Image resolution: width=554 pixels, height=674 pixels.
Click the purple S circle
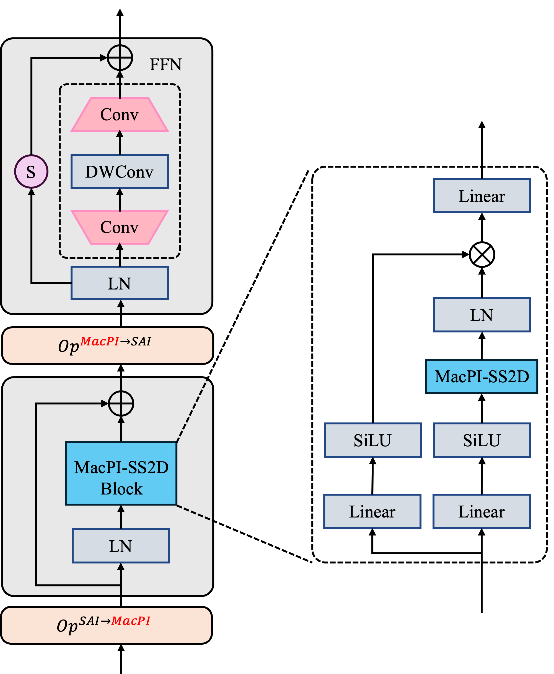(x=31, y=171)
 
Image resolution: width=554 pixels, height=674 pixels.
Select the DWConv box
(x=120, y=171)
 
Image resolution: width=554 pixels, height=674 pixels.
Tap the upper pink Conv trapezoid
(x=120, y=114)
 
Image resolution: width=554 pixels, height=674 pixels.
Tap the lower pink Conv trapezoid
(x=120, y=227)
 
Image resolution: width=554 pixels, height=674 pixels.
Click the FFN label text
(x=166, y=65)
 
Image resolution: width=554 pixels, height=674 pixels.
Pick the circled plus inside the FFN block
(x=120, y=58)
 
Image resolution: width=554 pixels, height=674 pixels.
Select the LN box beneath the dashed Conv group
(x=120, y=283)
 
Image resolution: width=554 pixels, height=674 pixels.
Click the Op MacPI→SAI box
(x=108, y=345)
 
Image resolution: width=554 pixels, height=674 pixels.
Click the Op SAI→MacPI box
(x=107, y=625)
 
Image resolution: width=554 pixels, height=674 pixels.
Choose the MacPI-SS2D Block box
(x=121, y=473)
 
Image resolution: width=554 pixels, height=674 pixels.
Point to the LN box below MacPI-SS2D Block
(x=121, y=546)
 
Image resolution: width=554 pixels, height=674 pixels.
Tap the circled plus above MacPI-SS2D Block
(x=121, y=403)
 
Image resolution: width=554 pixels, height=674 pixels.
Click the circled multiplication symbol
(x=482, y=255)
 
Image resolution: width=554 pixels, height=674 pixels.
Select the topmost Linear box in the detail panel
(x=482, y=196)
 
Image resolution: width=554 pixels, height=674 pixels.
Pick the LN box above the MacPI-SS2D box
(x=482, y=315)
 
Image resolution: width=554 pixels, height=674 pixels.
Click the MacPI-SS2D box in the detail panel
(x=481, y=376)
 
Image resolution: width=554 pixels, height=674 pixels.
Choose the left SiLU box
(x=373, y=440)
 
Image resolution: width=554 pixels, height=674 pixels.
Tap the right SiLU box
(x=482, y=440)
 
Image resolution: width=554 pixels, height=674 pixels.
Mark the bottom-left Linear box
(x=372, y=511)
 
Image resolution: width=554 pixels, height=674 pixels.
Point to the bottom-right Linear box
(x=481, y=511)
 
